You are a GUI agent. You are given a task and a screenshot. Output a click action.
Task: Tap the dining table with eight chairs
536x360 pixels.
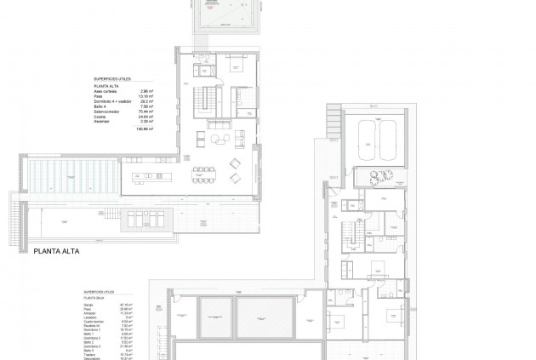(203, 174)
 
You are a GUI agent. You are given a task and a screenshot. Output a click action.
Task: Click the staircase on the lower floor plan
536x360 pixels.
(349, 232)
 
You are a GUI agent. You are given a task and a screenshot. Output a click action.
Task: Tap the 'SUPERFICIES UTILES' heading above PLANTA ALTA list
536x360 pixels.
(110, 79)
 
